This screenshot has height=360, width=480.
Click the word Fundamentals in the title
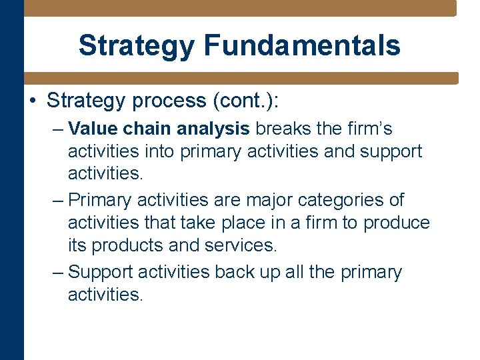pyautogui.click(x=302, y=45)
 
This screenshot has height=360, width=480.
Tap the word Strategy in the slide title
pyautogui.click(x=137, y=45)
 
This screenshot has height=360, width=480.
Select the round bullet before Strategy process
pyautogui.click(x=32, y=101)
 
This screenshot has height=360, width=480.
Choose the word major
pyautogui.click(x=263, y=200)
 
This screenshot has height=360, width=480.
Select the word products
pyautogui.click(x=127, y=245)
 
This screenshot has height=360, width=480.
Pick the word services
pyautogui.click(x=241, y=245)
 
